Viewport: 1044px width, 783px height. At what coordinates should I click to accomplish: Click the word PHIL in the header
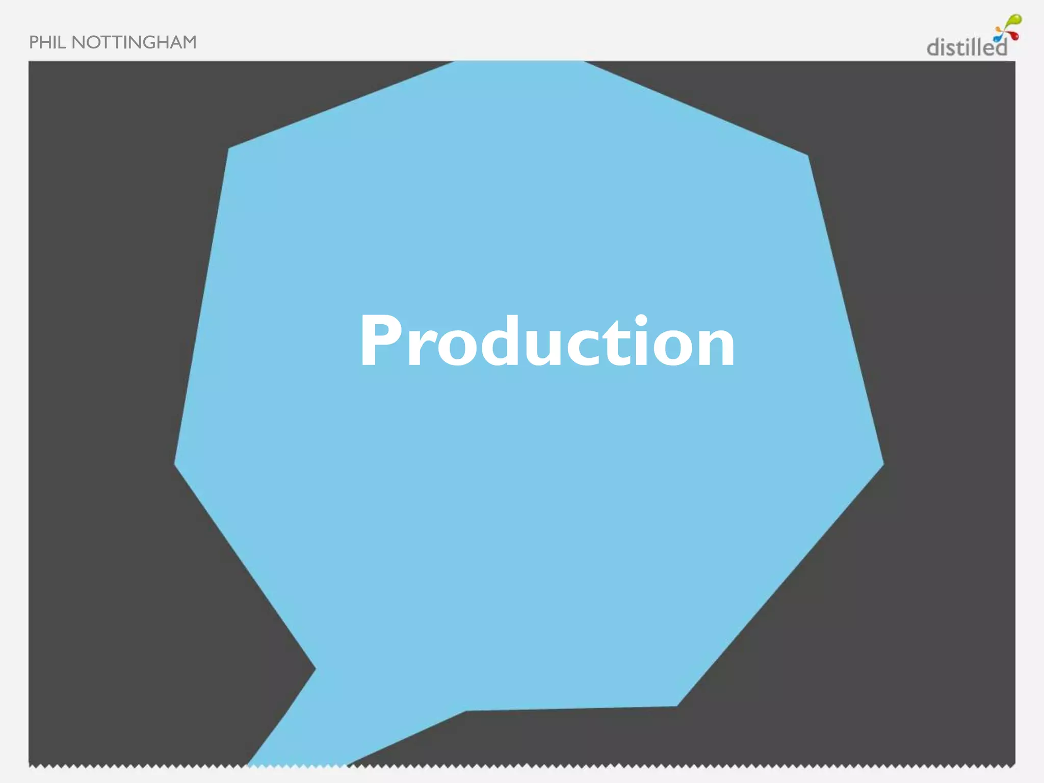[47, 42]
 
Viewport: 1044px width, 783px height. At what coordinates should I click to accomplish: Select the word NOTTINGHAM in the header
[134, 42]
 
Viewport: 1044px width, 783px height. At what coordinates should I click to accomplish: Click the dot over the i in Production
[641, 322]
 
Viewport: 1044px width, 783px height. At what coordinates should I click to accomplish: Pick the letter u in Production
[544, 347]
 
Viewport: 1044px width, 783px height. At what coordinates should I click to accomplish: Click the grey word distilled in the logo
[966, 47]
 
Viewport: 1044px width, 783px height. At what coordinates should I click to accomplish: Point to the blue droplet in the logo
[997, 39]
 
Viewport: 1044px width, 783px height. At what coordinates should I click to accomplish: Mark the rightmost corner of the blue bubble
[882, 463]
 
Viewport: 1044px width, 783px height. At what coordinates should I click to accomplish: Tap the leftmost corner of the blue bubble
[176, 463]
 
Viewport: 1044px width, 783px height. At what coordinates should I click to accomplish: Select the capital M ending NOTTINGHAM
[189, 42]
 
